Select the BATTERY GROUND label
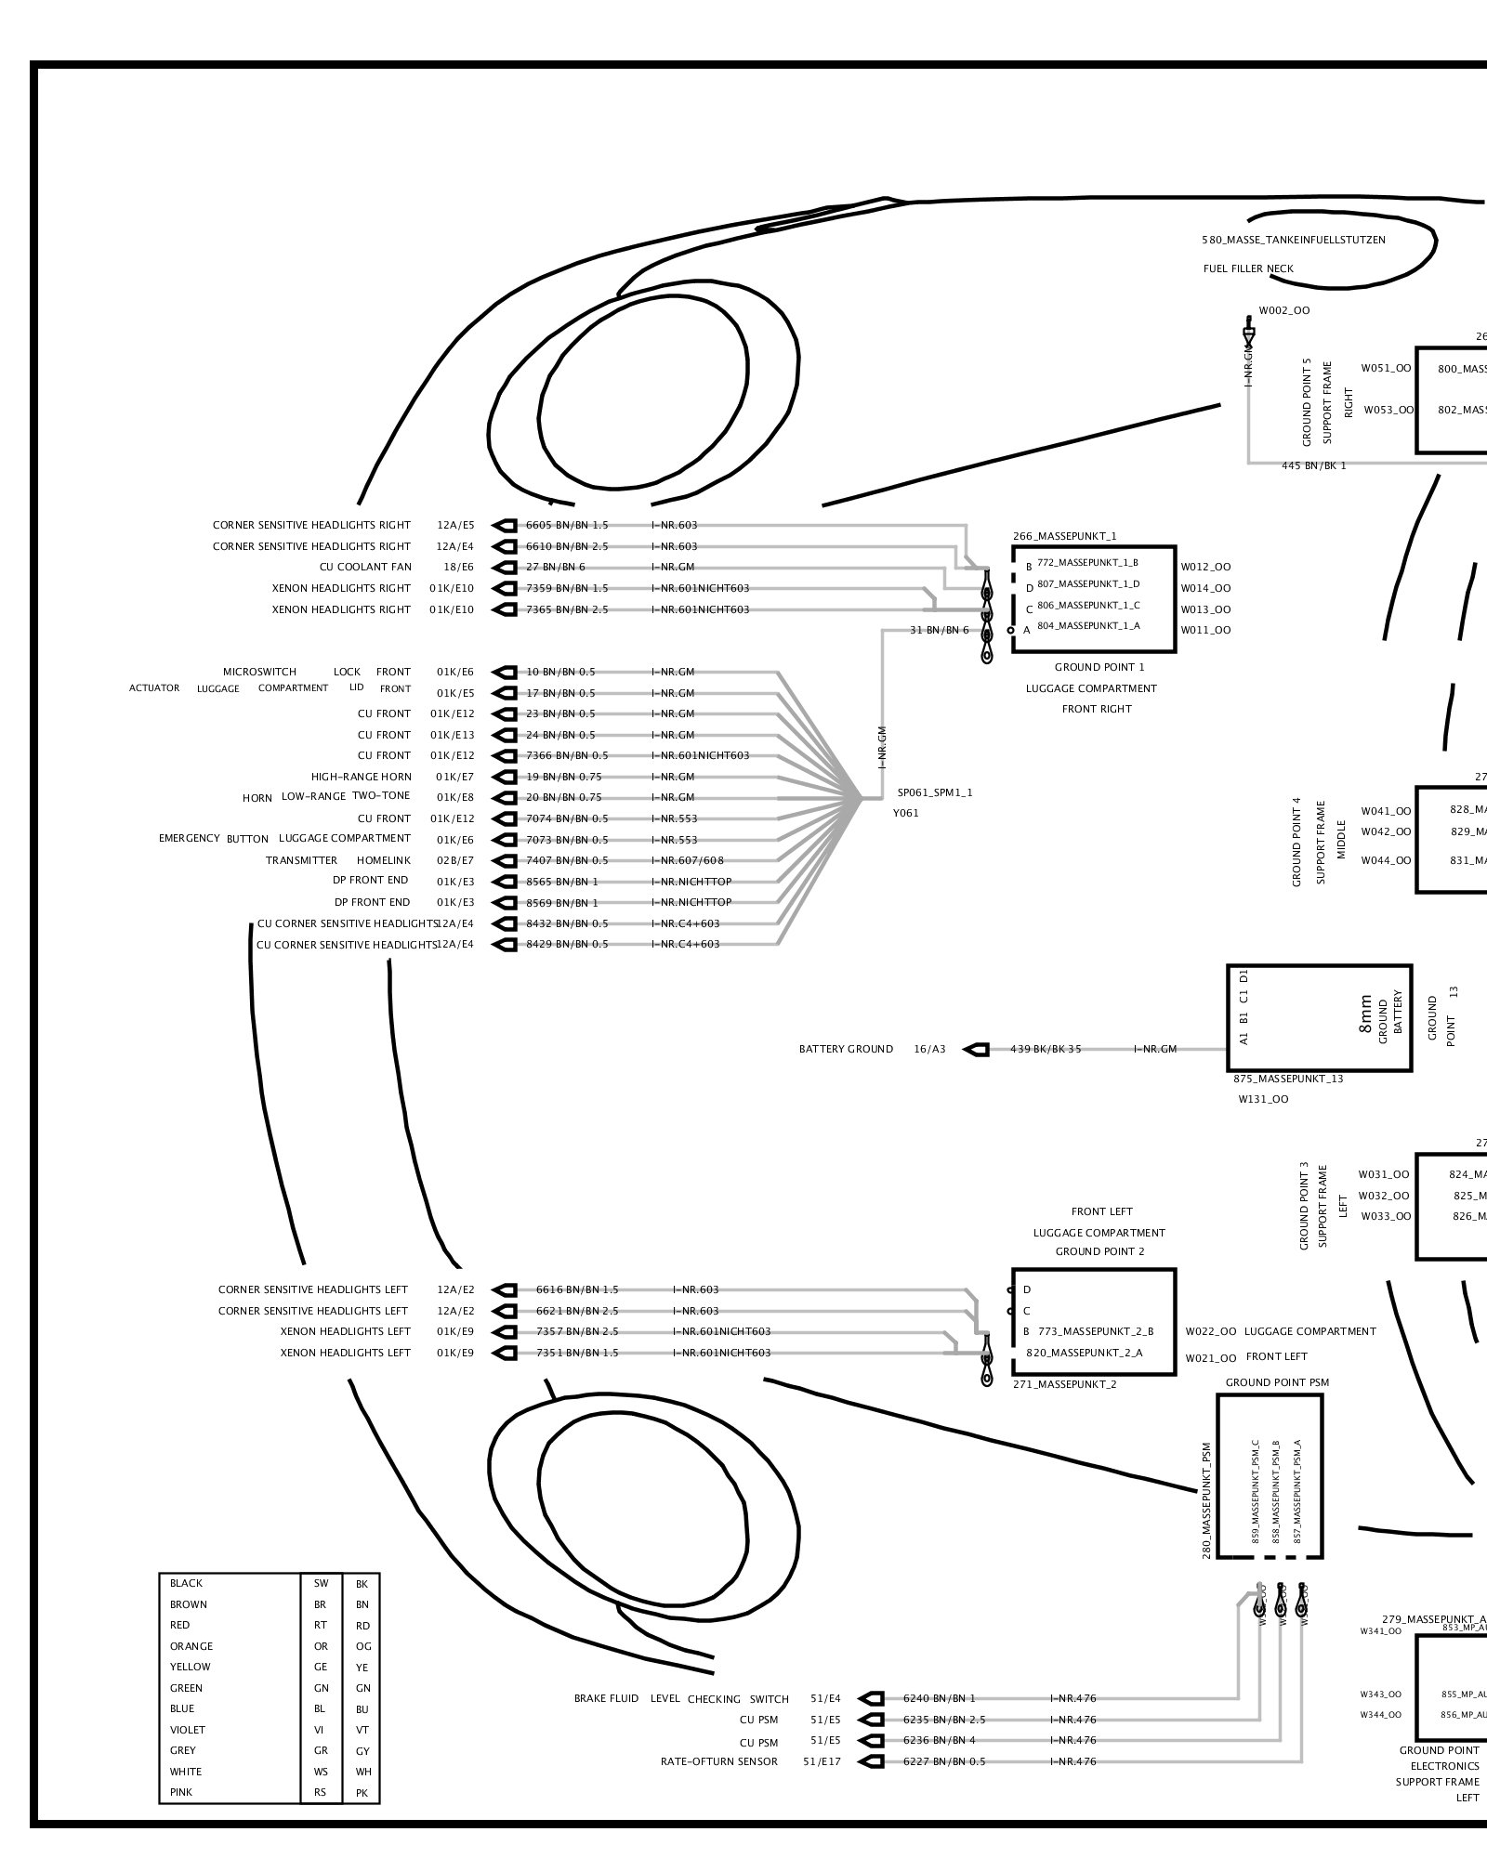(846, 1049)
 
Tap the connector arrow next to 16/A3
(976, 1049)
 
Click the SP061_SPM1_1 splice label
(935, 792)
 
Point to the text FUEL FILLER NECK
(1248, 268)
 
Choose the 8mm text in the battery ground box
(1364, 1014)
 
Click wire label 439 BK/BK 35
(1046, 1049)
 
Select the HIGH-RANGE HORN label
(361, 777)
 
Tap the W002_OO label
(1284, 310)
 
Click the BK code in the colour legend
(362, 1584)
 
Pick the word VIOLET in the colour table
(188, 1730)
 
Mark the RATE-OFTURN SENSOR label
(719, 1761)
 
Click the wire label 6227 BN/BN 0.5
(944, 1761)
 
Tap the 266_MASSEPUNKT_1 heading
(1065, 536)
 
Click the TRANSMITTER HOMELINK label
(338, 860)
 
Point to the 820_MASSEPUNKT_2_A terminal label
(1084, 1353)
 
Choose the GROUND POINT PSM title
(1277, 1382)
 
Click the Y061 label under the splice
(906, 813)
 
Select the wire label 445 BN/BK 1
(1313, 465)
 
